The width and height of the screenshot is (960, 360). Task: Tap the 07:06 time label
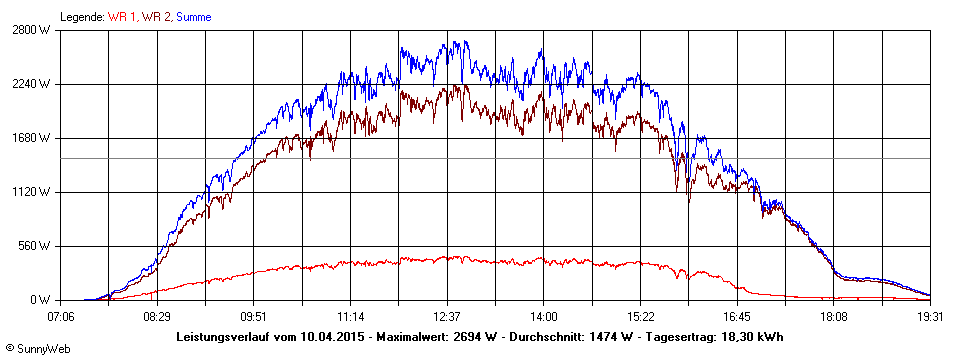61,316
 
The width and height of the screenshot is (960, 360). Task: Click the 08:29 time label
157,316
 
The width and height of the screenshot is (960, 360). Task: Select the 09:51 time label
254,316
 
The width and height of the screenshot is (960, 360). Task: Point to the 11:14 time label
351,316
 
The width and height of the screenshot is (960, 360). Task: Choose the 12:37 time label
447,316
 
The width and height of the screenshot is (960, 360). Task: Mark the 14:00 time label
544,316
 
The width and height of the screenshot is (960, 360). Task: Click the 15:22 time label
640,316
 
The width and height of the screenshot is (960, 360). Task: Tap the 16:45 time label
737,316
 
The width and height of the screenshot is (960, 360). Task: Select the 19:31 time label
930,316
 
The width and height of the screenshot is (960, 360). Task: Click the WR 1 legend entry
121,17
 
